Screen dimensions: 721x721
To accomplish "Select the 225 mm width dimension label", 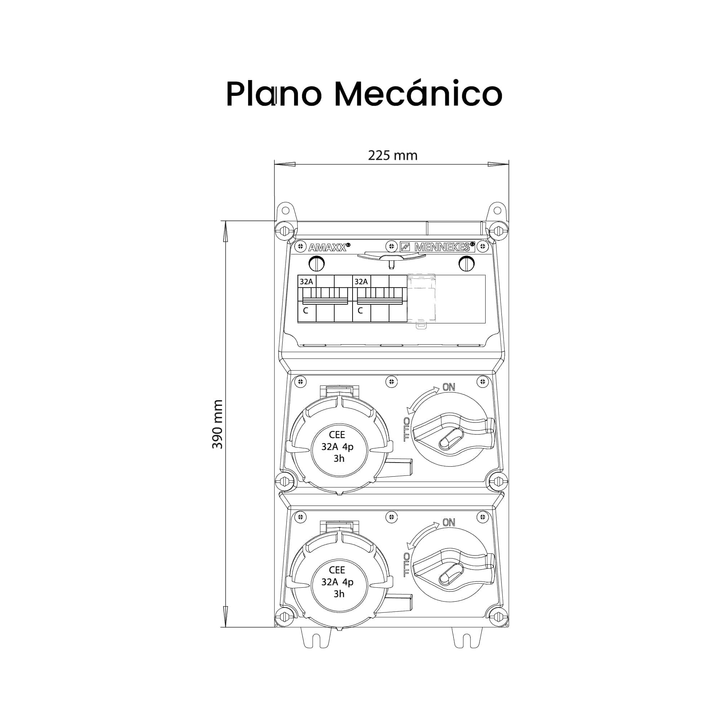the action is click(x=393, y=155).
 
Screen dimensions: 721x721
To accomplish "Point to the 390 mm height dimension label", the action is click(x=217, y=424).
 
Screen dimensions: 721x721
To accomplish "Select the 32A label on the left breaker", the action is click(x=306, y=282).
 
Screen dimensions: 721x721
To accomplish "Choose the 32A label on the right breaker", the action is click(x=361, y=282).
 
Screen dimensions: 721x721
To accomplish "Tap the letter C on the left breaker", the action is click(x=306, y=310).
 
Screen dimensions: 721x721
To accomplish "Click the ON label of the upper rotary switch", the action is click(x=448, y=387).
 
